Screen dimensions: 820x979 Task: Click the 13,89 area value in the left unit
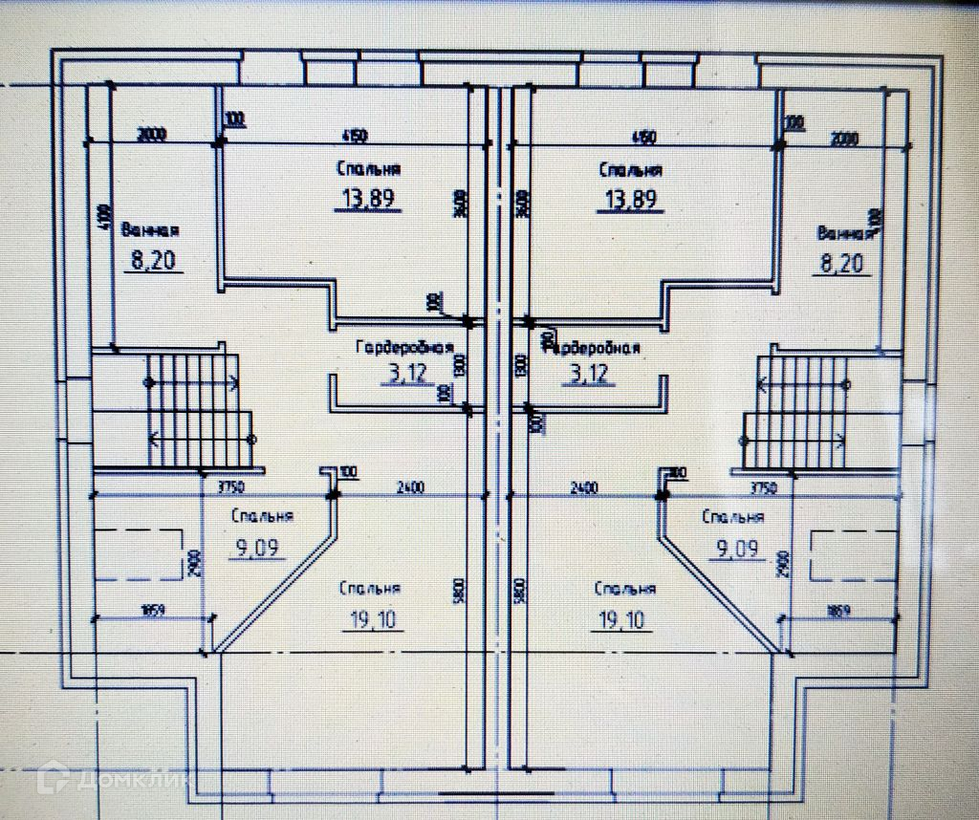[x=367, y=199]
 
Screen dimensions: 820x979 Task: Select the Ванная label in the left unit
[x=150, y=230]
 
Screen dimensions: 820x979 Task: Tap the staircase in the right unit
[x=795, y=411]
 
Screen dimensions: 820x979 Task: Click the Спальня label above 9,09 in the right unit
[x=732, y=517]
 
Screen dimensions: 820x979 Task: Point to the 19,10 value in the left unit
[x=372, y=620]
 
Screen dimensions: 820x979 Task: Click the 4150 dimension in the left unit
[x=353, y=136]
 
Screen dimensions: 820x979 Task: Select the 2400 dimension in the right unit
[x=583, y=487]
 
